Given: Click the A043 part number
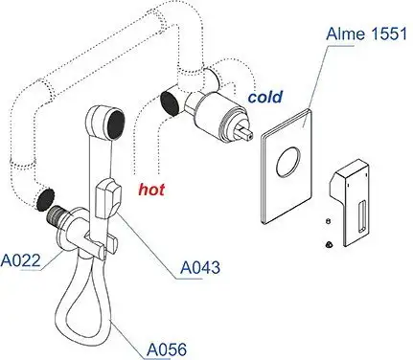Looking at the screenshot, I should pyautogui.click(x=200, y=270).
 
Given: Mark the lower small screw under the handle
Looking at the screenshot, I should pyautogui.click(x=329, y=244).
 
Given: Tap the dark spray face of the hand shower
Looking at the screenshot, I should pyautogui.click(x=112, y=122).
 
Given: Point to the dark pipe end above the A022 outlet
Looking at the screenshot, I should pyautogui.click(x=43, y=199).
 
